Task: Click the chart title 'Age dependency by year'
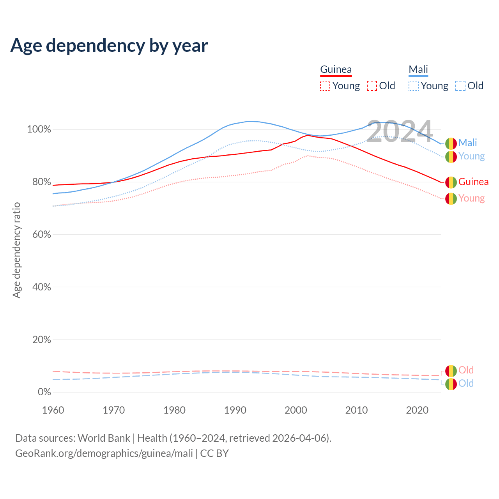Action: (x=109, y=45)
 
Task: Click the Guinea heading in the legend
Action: (x=336, y=69)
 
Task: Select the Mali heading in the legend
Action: (x=418, y=69)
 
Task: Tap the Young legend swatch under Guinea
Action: (x=325, y=86)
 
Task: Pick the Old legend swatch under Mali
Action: (x=460, y=86)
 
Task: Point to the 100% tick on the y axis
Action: (x=39, y=129)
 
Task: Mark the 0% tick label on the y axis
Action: (x=44, y=392)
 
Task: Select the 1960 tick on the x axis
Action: (x=53, y=410)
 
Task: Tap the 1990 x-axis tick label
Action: (x=235, y=410)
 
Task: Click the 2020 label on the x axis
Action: (x=417, y=410)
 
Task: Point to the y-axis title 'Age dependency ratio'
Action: (x=16, y=250)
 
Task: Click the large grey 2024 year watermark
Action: (x=400, y=131)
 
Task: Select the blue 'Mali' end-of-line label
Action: (x=467, y=143)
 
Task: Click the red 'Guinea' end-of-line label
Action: (x=473, y=182)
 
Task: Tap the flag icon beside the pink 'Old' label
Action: (x=451, y=371)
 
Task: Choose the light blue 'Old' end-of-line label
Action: (x=466, y=383)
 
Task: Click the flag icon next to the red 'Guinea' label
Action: (x=451, y=182)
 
